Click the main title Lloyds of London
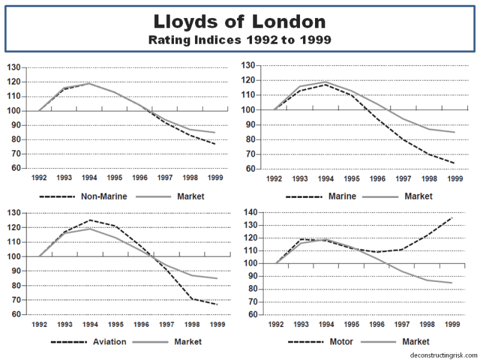239,23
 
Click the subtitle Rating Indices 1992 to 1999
239,41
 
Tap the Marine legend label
342,196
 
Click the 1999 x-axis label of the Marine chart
455,179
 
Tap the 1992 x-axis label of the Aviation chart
39,325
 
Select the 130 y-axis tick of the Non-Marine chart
14,67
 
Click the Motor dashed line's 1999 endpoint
452,217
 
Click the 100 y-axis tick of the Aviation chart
14,256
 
